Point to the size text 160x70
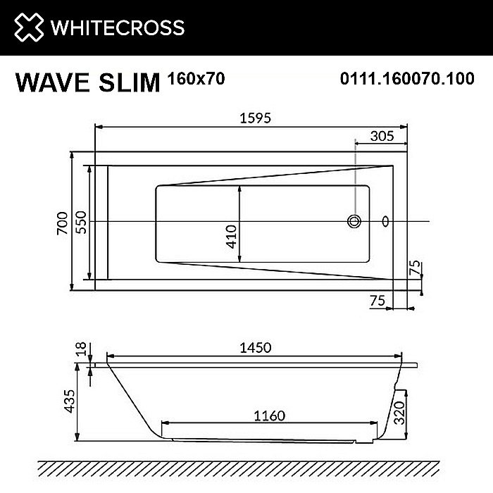click(x=196, y=78)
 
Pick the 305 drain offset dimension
click(x=381, y=138)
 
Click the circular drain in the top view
click(x=354, y=222)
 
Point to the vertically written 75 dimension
click(x=415, y=268)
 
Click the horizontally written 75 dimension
click(x=377, y=301)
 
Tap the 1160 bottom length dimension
click(x=269, y=416)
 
